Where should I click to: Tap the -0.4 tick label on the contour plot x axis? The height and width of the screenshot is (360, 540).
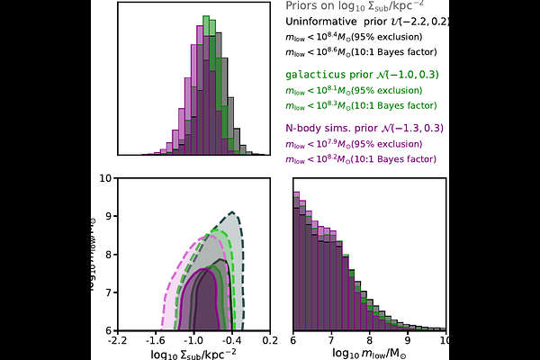tap(231, 342)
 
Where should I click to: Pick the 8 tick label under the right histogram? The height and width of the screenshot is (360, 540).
tap(370, 342)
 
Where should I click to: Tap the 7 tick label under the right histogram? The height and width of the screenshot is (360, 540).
tap(332, 342)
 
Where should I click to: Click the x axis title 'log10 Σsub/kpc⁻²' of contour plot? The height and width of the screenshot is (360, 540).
tap(193, 355)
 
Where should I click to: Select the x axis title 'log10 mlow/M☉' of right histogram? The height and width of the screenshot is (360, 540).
tap(370, 355)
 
